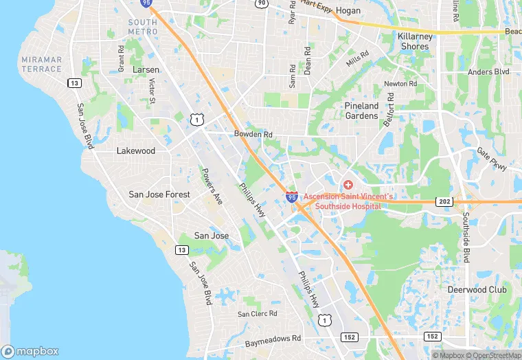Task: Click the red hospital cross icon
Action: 348,185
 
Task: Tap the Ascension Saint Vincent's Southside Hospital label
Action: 349,201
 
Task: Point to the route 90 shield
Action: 261,3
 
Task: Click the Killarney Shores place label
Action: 414,41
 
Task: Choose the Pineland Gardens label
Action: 361,111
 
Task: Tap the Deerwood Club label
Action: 477,290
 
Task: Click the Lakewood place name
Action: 136,150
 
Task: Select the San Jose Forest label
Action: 159,194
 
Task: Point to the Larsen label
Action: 146,70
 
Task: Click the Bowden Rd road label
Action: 253,134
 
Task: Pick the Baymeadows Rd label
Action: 273,339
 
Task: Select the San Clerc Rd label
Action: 258,314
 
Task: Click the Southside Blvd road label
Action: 466,236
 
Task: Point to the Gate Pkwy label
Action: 492,160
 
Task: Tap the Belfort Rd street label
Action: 390,107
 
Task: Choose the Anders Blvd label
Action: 488,71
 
